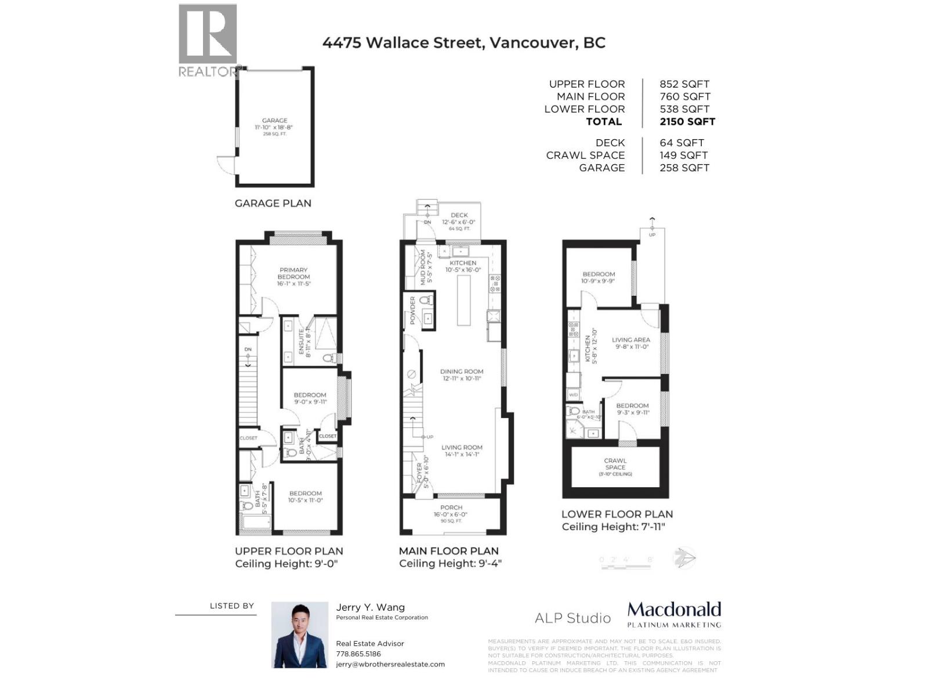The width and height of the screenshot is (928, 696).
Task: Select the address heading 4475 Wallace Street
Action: click(x=463, y=43)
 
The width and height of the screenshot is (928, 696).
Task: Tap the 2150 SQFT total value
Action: click(x=687, y=122)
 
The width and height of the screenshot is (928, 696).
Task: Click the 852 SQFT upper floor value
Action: click(x=684, y=84)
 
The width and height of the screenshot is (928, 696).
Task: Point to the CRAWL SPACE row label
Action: click(x=585, y=155)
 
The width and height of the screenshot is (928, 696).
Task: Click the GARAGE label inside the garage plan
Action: click(x=274, y=121)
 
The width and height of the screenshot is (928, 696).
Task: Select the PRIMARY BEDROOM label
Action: click(x=293, y=273)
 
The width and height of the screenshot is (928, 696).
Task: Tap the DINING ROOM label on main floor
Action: click(x=462, y=371)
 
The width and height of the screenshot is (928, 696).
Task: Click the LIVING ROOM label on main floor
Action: click(x=462, y=447)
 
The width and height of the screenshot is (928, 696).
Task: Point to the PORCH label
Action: click(x=451, y=507)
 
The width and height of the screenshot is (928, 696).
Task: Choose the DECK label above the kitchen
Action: click(x=459, y=215)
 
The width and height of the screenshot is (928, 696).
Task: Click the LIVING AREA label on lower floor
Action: click(x=631, y=340)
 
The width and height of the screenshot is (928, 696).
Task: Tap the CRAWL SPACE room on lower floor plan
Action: click(x=615, y=466)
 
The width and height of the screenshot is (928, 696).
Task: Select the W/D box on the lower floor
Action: click(x=574, y=395)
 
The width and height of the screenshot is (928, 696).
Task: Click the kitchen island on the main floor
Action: click(x=464, y=300)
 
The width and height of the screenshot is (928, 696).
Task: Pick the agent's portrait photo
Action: click(x=299, y=635)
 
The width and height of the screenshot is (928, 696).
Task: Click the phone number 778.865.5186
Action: click(x=358, y=654)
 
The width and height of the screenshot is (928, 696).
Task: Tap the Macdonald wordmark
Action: click(x=674, y=610)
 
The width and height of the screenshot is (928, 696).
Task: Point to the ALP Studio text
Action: click(x=572, y=618)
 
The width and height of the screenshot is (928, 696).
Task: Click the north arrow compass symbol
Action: click(x=684, y=558)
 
